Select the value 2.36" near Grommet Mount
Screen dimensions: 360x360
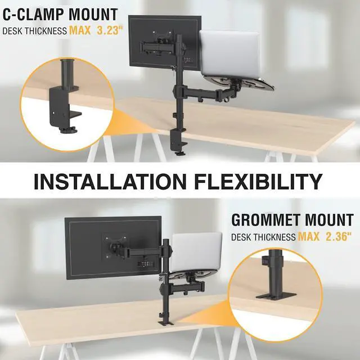point(337,236)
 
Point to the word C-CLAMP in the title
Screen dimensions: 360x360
point(35,14)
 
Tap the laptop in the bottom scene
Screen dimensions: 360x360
point(196,250)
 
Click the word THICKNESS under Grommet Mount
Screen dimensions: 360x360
point(273,237)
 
